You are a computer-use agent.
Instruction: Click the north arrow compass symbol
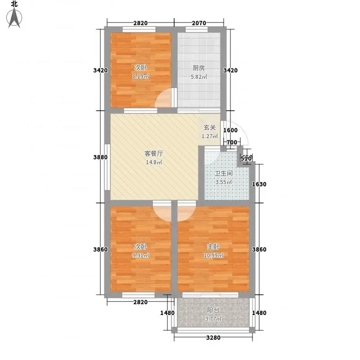(14, 18)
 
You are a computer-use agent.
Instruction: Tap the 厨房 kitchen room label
(198, 68)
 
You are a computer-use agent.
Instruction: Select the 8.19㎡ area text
(141, 76)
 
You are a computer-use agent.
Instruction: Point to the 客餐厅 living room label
(154, 153)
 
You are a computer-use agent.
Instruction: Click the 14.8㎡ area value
(154, 162)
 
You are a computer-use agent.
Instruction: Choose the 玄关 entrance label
(210, 127)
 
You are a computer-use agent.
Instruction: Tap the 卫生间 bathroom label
(224, 173)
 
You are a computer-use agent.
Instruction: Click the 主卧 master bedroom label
(213, 247)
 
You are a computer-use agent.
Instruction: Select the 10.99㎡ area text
(213, 255)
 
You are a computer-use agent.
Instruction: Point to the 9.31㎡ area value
(141, 255)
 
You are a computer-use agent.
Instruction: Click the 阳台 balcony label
(213, 310)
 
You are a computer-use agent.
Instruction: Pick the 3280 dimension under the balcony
(213, 338)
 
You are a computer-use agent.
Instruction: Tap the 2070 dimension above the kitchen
(199, 23)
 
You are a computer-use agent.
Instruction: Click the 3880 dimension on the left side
(100, 157)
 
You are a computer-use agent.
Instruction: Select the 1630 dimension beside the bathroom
(259, 184)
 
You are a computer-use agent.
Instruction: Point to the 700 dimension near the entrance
(232, 142)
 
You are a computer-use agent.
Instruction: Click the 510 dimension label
(246, 158)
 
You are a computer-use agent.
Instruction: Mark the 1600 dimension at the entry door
(230, 130)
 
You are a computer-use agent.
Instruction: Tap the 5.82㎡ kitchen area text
(199, 76)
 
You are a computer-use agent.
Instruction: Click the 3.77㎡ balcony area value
(213, 319)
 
